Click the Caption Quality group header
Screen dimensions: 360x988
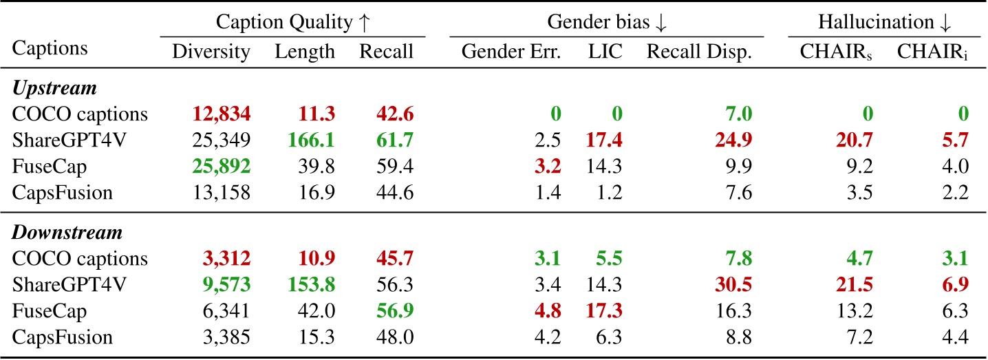click(293, 22)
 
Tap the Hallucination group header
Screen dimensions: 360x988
click(884, 22)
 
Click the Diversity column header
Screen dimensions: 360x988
click(211, 52)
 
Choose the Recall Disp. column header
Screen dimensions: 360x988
click(698, 52)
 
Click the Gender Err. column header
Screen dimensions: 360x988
click(511, 52)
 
